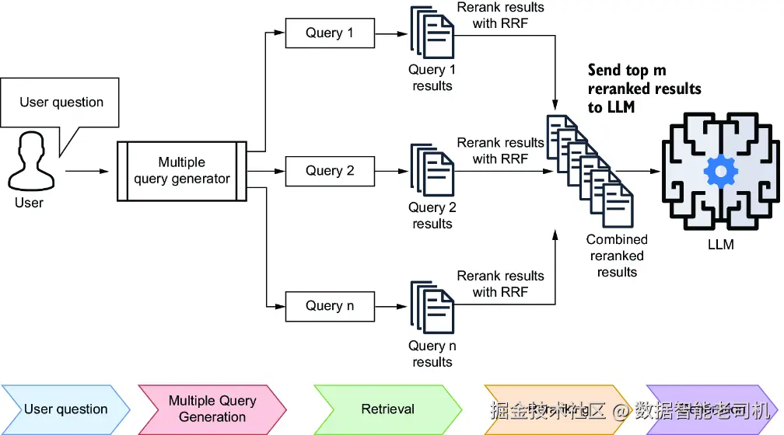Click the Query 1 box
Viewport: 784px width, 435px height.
click(x=330, y=33)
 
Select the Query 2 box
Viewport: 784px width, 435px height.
click(x=330, y=171)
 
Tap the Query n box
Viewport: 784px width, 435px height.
click(x=330, y=306)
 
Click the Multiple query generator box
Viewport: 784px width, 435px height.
click(x=182, y=171)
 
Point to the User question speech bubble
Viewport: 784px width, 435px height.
click(x=61, y=103)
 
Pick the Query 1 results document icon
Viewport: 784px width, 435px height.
click(x=432, y=30)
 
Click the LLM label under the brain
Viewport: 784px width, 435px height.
click(x=720, y=245)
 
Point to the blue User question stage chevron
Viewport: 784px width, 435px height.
click(x=65, y=409)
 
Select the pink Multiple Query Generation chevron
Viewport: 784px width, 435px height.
click(x=212, y=409)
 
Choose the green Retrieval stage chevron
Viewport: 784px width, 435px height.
click(x=387, y=409)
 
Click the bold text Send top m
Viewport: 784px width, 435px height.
click(x=627, y=71)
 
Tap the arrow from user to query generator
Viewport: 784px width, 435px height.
click(x=89, y=171)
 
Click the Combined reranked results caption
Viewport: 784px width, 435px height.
click(x=617, y=256)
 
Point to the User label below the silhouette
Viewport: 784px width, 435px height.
click(x=30, y=204)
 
